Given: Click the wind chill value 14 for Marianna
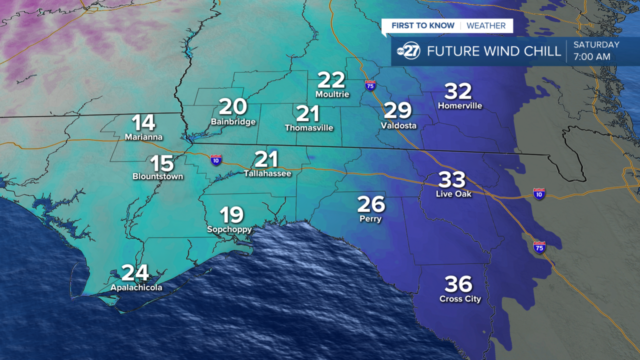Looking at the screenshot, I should pos(143,123).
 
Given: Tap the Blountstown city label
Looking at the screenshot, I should pos(157,176).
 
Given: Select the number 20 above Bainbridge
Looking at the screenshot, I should pos(233,107).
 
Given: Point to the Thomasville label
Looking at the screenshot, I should pos(309,128).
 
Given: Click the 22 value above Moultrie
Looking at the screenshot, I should pos(331,80).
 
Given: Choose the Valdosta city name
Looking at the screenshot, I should pos(398,125).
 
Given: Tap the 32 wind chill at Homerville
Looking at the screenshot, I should pos(458,91).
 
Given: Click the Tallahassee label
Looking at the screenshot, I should pos(267,174).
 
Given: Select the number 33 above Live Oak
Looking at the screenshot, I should pos(452,179).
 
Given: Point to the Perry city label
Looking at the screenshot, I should pos(370,219).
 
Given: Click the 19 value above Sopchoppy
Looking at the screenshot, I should pos(232,215).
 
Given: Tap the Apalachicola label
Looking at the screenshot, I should pos(136,288).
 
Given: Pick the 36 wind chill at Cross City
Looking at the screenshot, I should pos(458,284).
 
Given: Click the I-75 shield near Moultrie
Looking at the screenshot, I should pos(370,85).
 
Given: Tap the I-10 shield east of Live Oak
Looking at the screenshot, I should pos(538,193).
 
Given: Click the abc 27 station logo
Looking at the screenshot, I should pos(408,51).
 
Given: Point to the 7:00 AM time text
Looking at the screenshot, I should pos(592,57).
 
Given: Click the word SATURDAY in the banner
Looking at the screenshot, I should pos(596,44).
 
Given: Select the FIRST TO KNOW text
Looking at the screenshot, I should pos(423,25).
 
